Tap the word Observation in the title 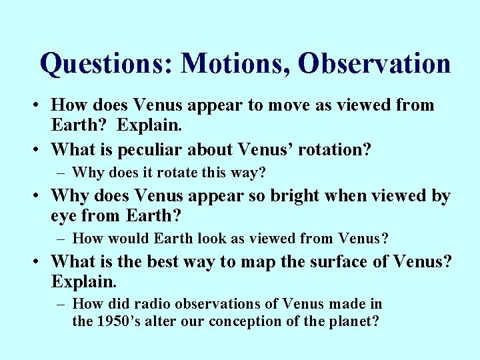pyautogui.click(x=375, y=64)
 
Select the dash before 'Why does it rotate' pyautogui.click(x=61, y=173)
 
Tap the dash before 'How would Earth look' pyautogui.click(x=61, y=239)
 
